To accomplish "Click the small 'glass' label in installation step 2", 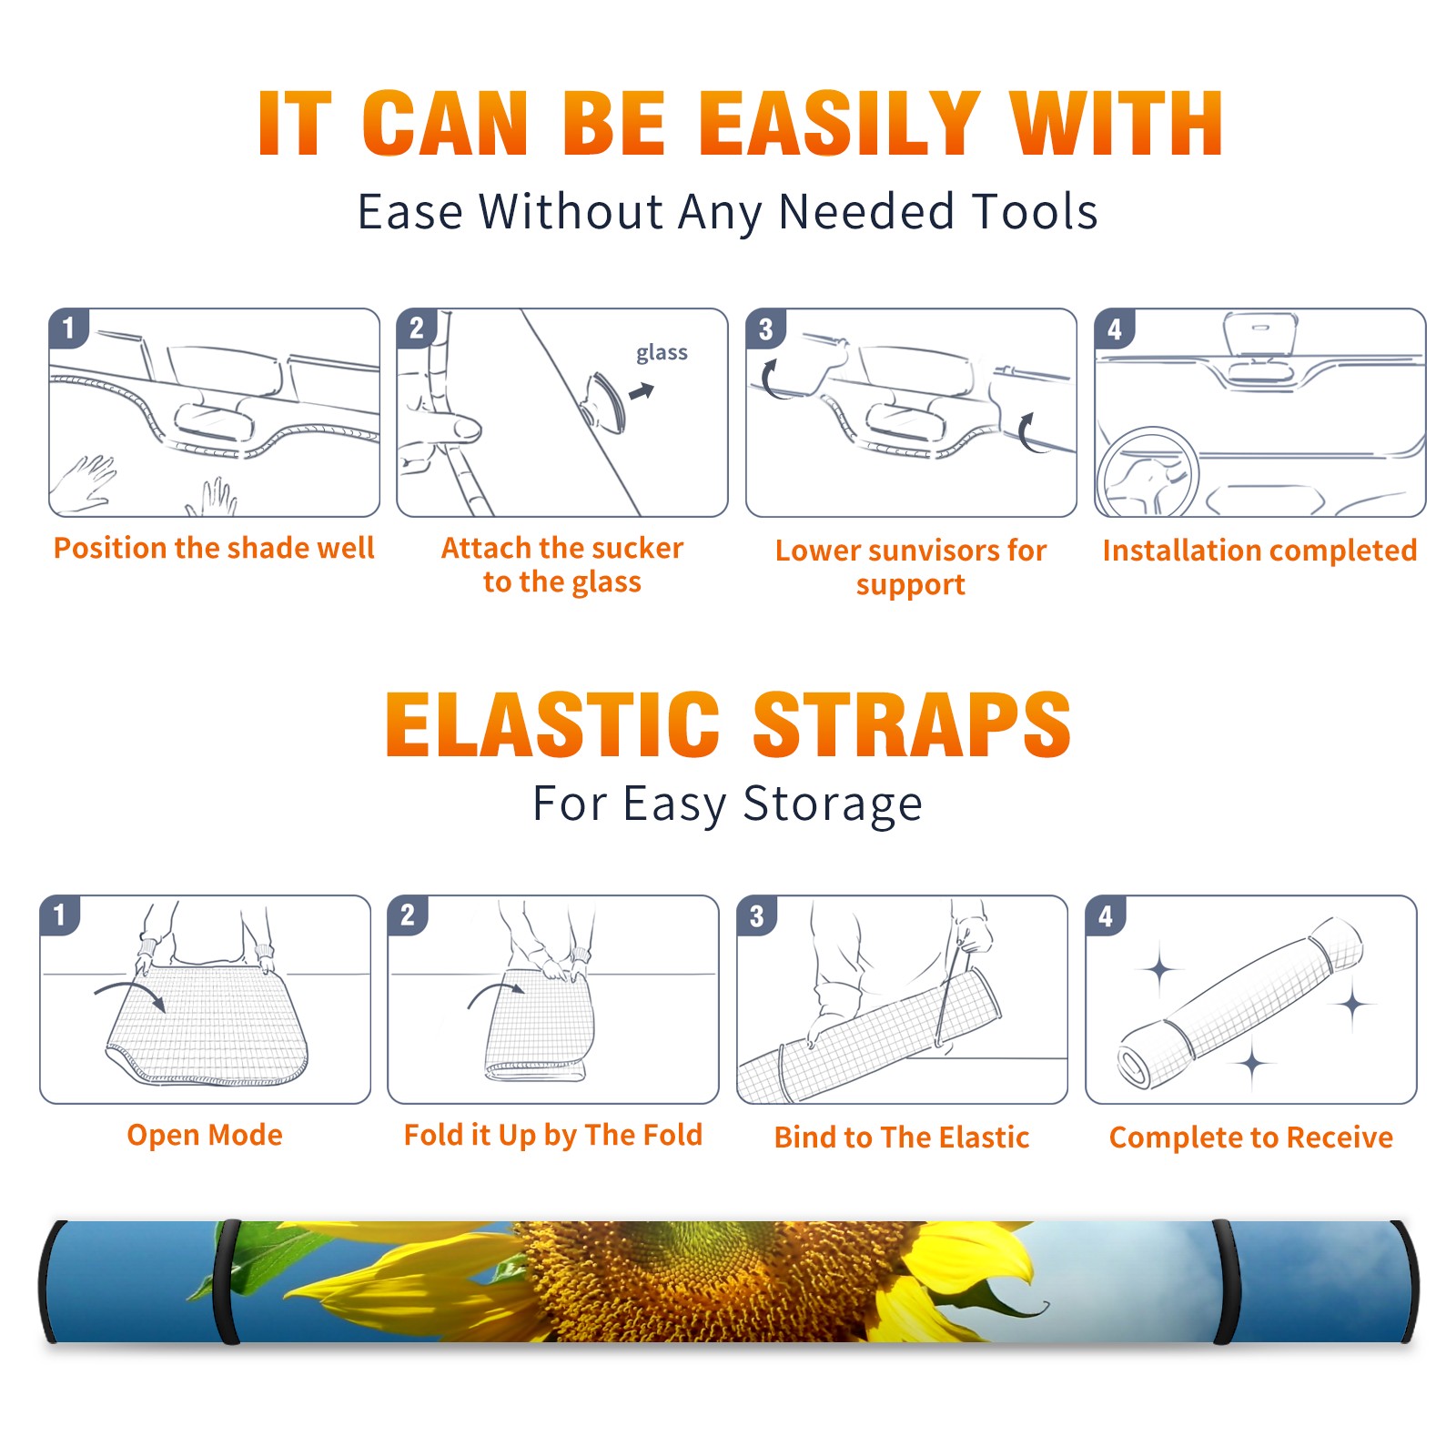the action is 662,353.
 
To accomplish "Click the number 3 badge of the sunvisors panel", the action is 765,329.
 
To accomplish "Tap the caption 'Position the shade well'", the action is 214,548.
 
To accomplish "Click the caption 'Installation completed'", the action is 1259,550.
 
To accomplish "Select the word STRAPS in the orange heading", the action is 912,724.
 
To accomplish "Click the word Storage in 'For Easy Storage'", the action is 833,804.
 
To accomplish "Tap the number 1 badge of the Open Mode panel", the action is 60,915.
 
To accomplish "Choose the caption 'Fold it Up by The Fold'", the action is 553,1135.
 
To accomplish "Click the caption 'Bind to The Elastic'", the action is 902,1137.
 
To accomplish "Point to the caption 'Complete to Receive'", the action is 1251,1137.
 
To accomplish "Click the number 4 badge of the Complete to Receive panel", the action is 1106,915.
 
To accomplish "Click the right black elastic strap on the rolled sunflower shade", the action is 1225,1281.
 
